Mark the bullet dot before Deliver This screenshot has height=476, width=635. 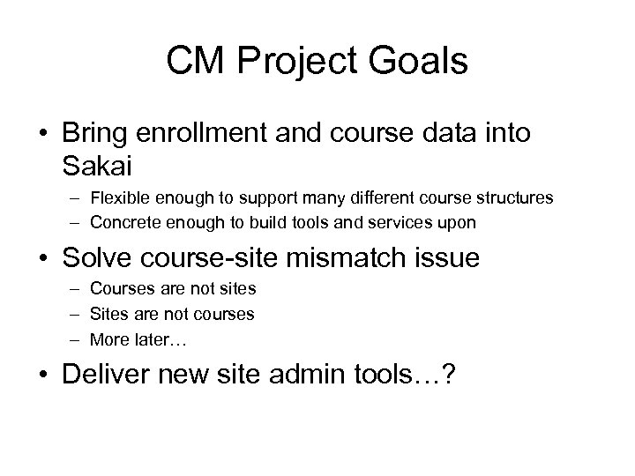point(41,374)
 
